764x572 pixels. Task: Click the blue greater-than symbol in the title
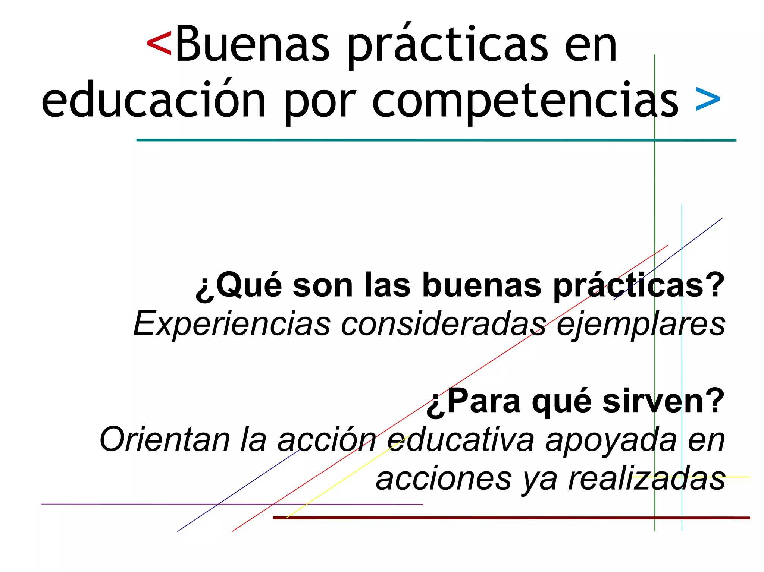pos(708,100)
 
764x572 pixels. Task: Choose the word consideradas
pos(444,323)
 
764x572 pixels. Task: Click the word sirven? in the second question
pos(663,401)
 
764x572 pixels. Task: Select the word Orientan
pos(165,440)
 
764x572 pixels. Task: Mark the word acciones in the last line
pos(444,478)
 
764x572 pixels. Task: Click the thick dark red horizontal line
pos(511,518)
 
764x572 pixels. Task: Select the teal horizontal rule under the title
pos(436,140)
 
